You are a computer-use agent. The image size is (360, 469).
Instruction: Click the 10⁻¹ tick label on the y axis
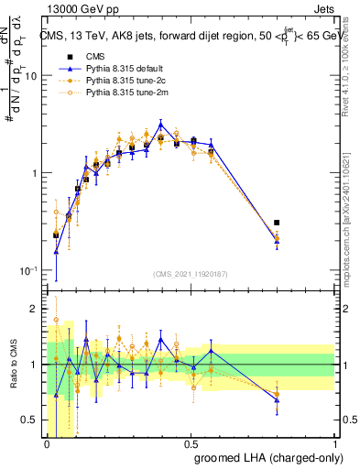tap(27, 271)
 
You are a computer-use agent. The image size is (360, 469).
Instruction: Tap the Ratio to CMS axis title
tap(12, 365)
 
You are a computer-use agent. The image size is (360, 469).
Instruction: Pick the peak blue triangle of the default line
tap(161, 124)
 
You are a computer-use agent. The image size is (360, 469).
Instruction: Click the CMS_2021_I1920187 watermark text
tap(191, 273)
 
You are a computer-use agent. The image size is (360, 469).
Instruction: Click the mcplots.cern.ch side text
tap(352, 220)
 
